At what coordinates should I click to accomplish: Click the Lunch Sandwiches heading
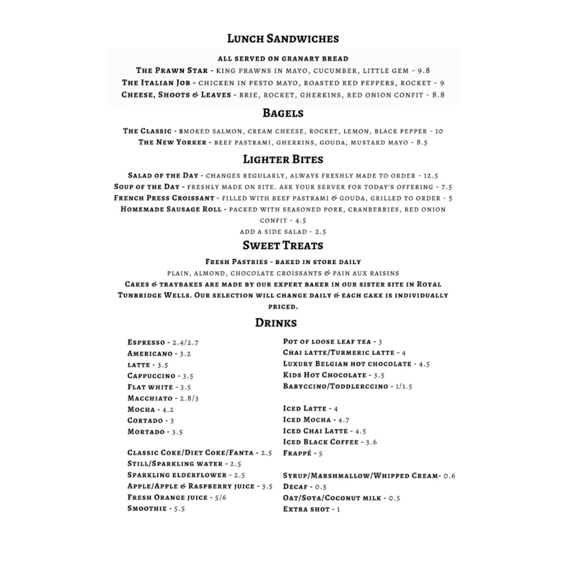[283, 39]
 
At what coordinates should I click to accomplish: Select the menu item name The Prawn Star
[172, 71]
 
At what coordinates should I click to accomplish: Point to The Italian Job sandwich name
[156, 83]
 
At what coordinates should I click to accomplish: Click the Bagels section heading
[283, 113]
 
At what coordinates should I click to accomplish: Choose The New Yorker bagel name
[172, 142]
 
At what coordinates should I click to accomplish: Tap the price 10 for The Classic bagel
[439, 131]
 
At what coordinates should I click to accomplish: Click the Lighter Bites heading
[283, 159]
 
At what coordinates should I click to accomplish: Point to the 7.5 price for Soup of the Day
[447, 187]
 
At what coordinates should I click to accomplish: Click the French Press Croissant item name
[164, 198]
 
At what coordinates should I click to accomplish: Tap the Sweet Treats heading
[283, 245]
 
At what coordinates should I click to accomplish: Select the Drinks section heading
[276, 323]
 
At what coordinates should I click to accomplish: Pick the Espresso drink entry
[146, 342]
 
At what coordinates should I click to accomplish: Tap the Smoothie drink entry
[147, 508]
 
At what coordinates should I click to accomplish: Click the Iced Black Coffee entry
[321, 442]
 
